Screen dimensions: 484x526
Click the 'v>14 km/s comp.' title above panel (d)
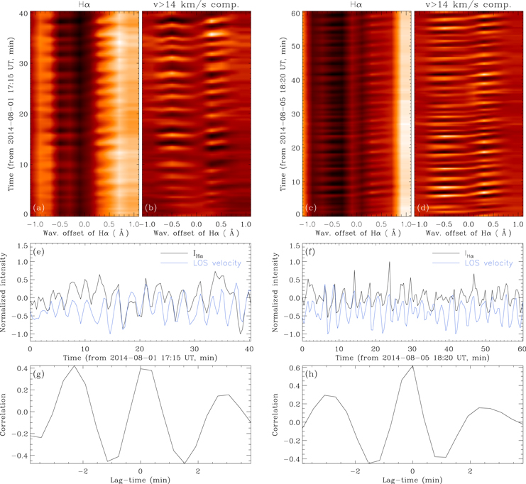point(469,6)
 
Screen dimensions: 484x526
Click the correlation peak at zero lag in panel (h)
point(412,366)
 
